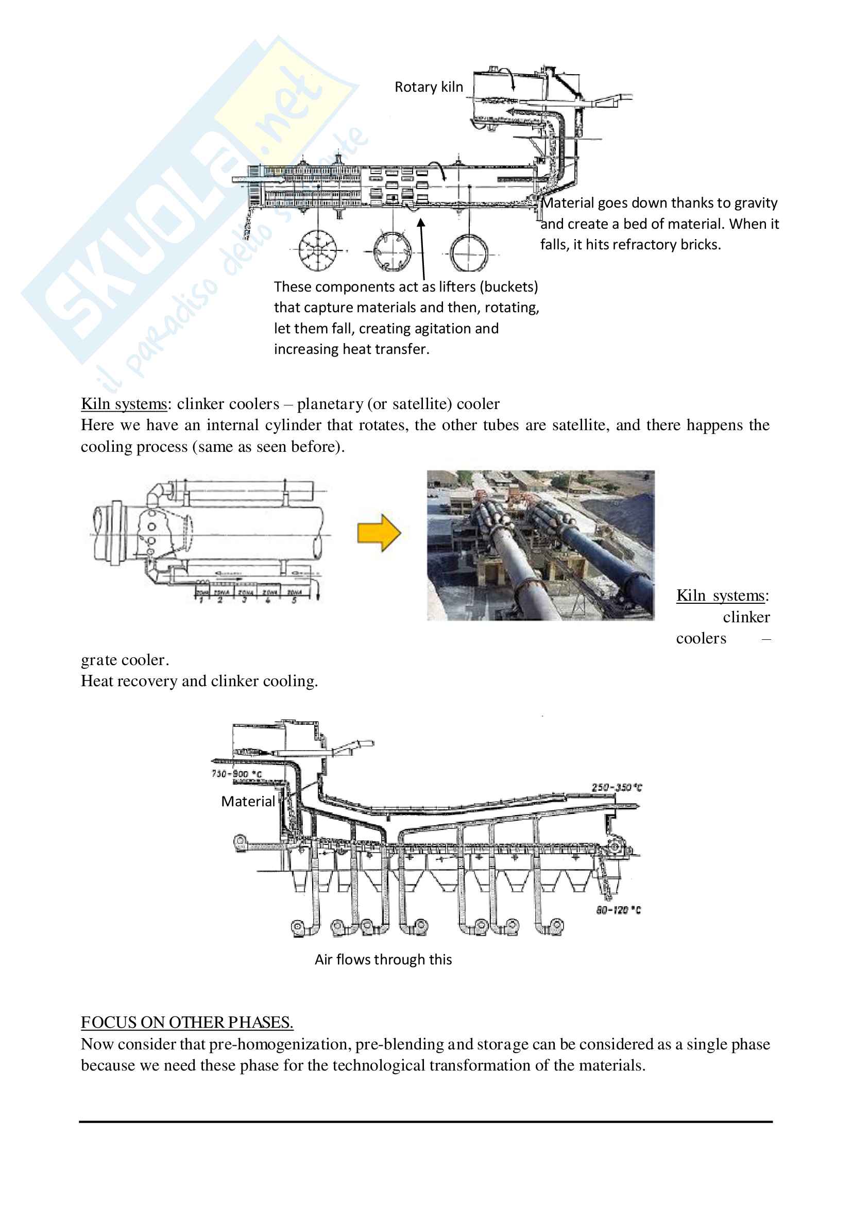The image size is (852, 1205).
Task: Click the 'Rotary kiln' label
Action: [429, 87]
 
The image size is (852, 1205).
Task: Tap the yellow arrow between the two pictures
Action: [379, 533]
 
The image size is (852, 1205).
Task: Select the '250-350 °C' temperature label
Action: [617, 787]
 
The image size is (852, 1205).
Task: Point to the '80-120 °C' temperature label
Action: [618, 910]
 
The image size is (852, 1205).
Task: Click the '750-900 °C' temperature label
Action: [236, 774]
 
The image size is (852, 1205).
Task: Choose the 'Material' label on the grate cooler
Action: [248, 802]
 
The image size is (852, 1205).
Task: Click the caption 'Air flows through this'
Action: [383, 959]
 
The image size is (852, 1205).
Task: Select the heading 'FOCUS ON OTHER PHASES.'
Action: [187, 1022]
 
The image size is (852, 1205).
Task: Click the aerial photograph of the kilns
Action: [540, 545]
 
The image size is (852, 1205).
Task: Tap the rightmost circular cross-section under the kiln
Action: [469, 252]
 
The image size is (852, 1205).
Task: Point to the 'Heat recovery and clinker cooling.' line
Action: [199, 681]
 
